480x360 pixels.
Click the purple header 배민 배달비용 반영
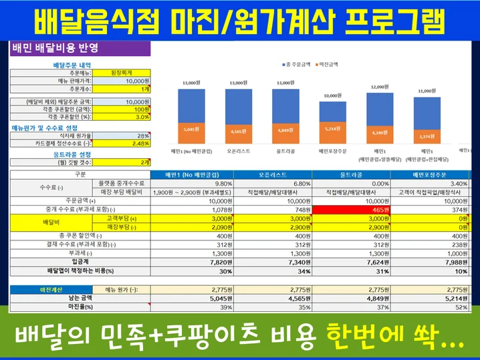click(x=56, y=47)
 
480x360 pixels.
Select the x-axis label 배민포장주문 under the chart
click(x=332, y=152)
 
